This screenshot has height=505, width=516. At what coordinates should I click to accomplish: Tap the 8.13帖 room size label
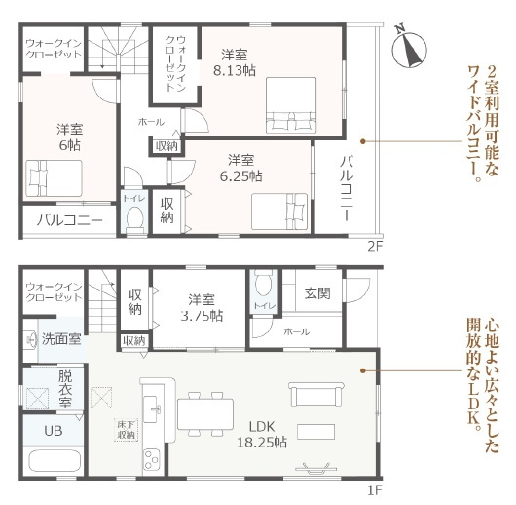[234, 62]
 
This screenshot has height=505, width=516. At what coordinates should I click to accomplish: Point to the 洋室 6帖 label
[68, 134]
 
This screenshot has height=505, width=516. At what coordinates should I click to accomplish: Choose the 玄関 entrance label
[317, 291]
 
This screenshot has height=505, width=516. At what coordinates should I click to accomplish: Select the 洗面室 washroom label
[60, 342]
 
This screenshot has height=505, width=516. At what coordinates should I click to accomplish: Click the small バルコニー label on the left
[70, 221]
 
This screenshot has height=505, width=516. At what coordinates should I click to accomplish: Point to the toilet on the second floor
[134, 219]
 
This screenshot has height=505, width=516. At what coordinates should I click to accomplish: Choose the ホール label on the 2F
[151, 123]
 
